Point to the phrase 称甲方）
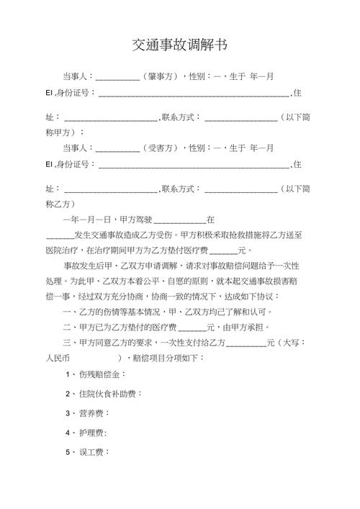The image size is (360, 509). click(65, 132)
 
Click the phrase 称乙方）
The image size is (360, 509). click(65, 204)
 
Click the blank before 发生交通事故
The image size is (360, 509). click(59, 236)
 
